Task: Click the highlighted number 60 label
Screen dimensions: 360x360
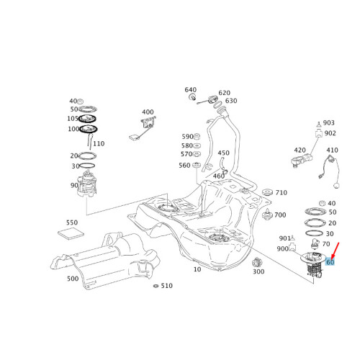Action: (330, 262)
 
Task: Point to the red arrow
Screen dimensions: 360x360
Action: (335, 251)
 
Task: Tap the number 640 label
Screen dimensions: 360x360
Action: (191, 90)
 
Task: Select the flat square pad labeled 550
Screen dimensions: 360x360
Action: (71, 233)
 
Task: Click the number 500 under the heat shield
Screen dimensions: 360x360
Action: (73, 279)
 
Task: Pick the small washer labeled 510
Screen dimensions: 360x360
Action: (156, 286)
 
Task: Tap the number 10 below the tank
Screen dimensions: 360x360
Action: (197, 269)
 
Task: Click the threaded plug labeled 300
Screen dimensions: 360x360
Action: (257, 263)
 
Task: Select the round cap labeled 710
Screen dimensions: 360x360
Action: (268, 192)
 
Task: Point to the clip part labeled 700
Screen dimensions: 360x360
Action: (267, 215)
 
